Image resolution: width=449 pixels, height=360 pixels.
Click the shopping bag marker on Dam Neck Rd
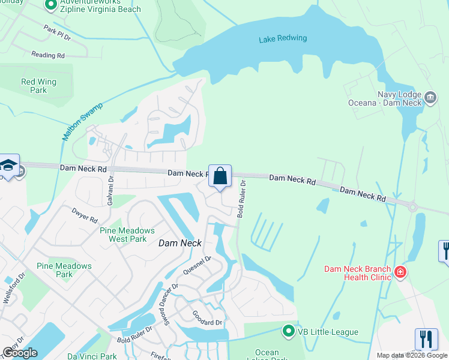click(x=220, y=176)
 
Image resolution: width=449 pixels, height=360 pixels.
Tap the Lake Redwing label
click(x=283, y=39)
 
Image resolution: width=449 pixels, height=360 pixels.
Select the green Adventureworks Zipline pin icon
click(x=51, y=5)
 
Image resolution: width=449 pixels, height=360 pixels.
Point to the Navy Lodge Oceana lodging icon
click(x=429, y=97)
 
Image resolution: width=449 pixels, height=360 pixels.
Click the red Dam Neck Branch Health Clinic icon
click(x=400, y=273)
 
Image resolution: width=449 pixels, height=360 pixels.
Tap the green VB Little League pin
click(x=289, y=332)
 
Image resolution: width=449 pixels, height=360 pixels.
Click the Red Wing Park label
click(x=38, y=86)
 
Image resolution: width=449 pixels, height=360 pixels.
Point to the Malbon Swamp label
click(x=83, y=122)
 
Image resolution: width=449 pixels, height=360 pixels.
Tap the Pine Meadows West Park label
click(x=127, y=235)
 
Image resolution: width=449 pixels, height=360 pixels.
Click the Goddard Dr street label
click(x=207, y=319)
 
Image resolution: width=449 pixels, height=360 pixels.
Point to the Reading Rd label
click(x=48, y=55)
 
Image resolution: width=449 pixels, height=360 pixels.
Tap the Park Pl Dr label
click(x=57, y=31)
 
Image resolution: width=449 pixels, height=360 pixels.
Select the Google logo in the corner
click(x=20, y=353)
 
